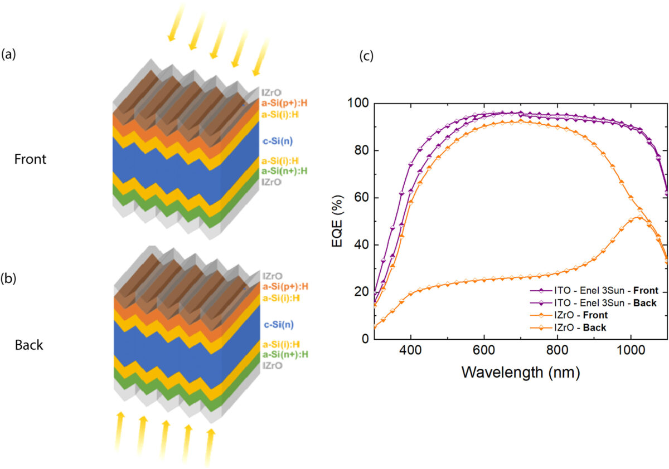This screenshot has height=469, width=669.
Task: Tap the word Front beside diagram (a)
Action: [31, 159]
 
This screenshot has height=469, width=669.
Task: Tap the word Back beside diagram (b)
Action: [29, 345]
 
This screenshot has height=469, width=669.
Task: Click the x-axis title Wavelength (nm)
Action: [520, 372]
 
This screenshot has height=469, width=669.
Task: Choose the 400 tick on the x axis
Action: [411, 352]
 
